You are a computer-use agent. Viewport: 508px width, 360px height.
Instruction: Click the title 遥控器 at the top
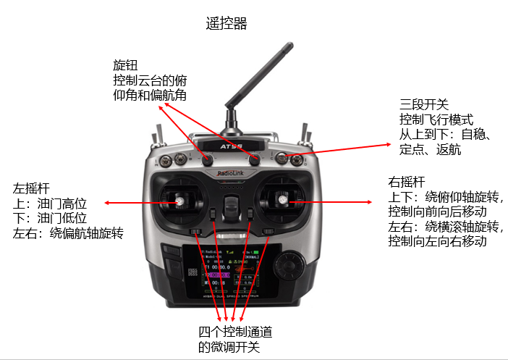pyautogui.click(x=227, y=24)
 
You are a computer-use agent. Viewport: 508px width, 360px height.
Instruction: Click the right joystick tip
pyautogui.click(x=282, y=196)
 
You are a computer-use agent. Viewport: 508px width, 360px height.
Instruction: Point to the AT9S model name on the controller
pyautogui.click(x=230, y=144)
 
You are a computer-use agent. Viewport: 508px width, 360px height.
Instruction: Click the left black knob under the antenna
pyautogui.click(x=208, y=159)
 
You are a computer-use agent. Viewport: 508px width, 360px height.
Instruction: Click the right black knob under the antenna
pyautogui.click(x=254, y=159)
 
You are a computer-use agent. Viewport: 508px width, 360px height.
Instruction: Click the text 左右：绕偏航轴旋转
pyautogui.click(x=69, y=233)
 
